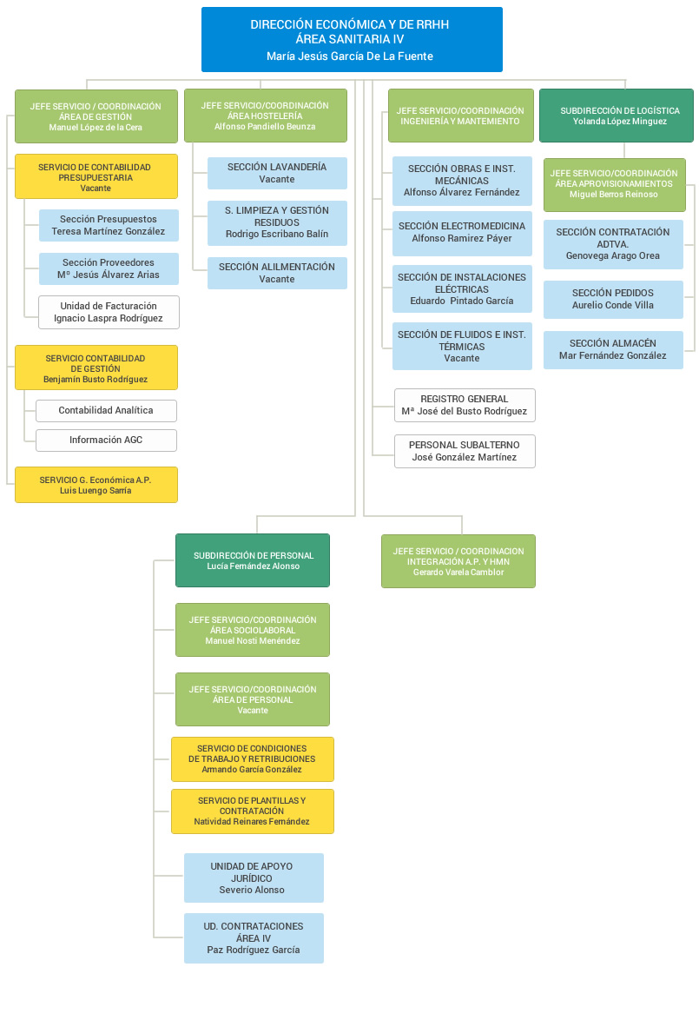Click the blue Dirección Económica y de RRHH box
tap(352, 39)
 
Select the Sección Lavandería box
tap(277, 173)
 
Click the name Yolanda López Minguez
tap(619, 123)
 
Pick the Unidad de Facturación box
tap(109, 312)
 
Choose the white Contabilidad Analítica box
tap(106, 411)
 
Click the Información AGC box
tap(106, 440)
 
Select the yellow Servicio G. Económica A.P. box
tap(96, 485)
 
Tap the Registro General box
tap(465, 405)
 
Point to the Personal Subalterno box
tap(465, 451)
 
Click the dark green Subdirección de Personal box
tap(253, 560)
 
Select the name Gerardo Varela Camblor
tap(458, 573)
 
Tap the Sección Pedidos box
tap(613, 299)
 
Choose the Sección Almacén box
tap(613, 349)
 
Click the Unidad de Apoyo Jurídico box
tap(254, 878)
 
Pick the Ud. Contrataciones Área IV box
tap(254, 937)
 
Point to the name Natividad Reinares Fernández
tap(252, 822)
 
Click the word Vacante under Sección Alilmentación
tap(277, 280)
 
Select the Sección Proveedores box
tap(109, 268)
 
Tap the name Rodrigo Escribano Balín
tap(277, 235)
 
